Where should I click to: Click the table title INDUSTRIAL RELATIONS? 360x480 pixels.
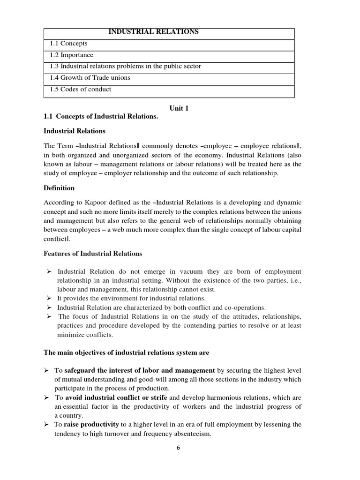pos(153,32)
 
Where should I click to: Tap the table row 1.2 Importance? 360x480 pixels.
pos(71,55)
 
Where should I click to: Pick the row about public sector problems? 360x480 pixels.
pos(125,66)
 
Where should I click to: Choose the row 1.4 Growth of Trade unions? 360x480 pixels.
pos(90,78)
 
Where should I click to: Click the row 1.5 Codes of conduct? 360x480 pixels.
pos(81,89)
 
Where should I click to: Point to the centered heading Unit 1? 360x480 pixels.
pos(179,108)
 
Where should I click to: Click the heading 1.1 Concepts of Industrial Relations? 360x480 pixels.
pos(101,116)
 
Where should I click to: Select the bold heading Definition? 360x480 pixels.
pos(59,188)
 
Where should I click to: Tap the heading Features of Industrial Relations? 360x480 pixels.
pos(93,254)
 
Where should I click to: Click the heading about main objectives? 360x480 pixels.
pos(127,352)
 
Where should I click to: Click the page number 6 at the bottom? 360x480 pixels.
pos(178,447)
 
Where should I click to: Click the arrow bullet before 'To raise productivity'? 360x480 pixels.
pos(46,425)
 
